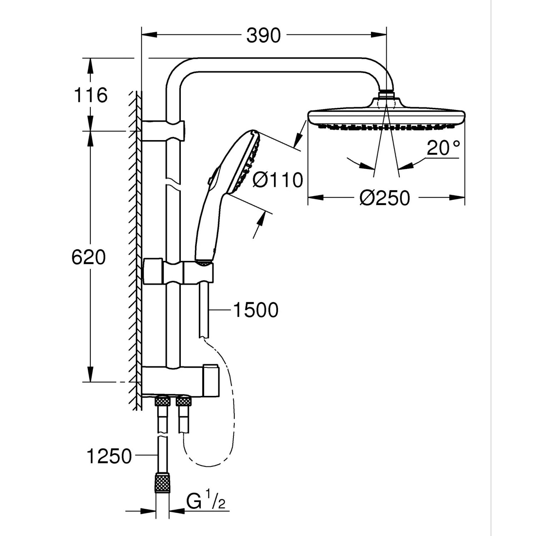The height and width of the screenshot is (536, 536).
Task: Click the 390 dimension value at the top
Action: point(263,36)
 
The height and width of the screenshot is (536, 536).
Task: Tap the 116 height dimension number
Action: point(90,95)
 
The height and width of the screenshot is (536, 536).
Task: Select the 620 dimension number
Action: point(89,258)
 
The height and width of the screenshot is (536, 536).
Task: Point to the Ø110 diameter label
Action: point(278,180)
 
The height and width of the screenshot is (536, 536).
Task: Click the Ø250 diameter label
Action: point(384,198)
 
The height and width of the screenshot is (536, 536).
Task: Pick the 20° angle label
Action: point(443,148)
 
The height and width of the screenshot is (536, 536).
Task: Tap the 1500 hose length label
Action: point(255,310)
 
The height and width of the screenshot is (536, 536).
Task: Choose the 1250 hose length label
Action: point(109,456)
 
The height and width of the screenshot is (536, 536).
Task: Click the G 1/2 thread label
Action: point(206,502)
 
